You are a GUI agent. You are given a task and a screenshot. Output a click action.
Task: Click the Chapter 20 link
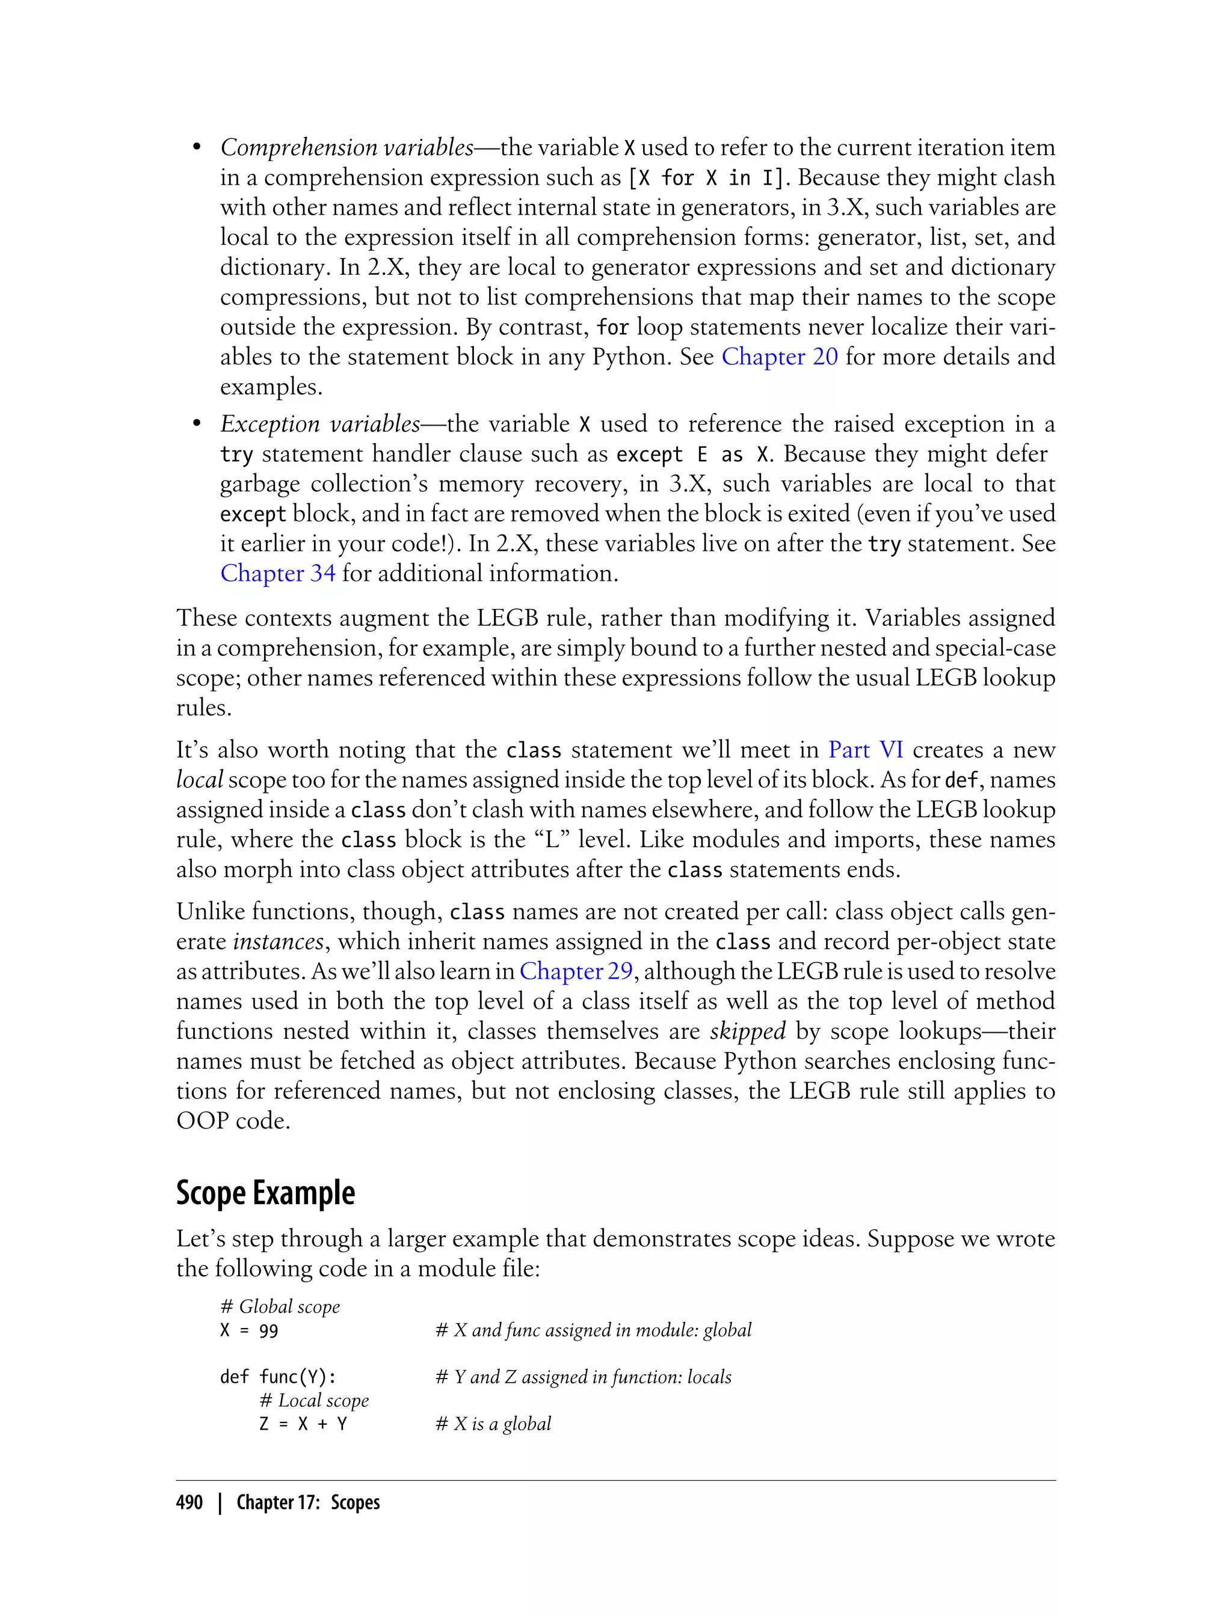tap(779, 357)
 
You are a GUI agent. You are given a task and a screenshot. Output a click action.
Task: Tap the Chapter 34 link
tap(278, 573)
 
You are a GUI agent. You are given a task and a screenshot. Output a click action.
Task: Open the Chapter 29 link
tap(576, 971)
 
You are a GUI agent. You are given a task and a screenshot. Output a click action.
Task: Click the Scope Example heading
tap(265, 1193)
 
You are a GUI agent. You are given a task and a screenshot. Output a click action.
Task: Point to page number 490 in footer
tap(189, 1502)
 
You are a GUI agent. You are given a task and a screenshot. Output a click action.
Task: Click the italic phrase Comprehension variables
tap(347, 147)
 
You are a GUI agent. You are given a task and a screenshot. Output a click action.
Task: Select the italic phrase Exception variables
tap(321, 424)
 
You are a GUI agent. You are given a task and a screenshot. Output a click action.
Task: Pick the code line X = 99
tap(249, 1330)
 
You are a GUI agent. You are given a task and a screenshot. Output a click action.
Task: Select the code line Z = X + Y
tap(303, 1424)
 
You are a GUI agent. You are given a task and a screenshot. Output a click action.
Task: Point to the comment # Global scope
tap(280, 1307)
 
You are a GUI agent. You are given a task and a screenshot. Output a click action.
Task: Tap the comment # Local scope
tap(314, 1401)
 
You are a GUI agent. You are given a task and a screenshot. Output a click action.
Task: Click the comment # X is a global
tap(493, 1424)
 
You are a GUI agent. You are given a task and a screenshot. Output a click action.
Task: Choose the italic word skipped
tap(747, 1031)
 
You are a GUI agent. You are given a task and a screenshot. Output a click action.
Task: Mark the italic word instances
tap(278, 941)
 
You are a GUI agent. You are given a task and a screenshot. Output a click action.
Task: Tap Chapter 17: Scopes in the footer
tap(308, 1502)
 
